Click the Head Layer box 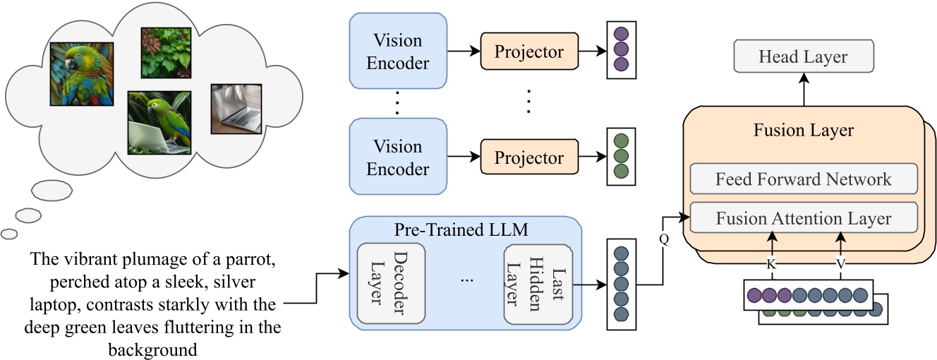[x=803, y=56]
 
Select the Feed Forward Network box [x=803, y=179]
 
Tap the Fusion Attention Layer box [x=803, y=218]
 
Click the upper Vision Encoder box [x=398, y=52]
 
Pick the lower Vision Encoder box [x=398, y=157]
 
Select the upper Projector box [x=528, y=52]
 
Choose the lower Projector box [x=528, y=157]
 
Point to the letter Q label [x=663, y=239]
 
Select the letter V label [x=841, y=263]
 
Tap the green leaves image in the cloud [x=166, y=52]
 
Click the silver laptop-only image [x=236, y=109]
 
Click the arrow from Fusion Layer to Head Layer [x=803, y=89]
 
